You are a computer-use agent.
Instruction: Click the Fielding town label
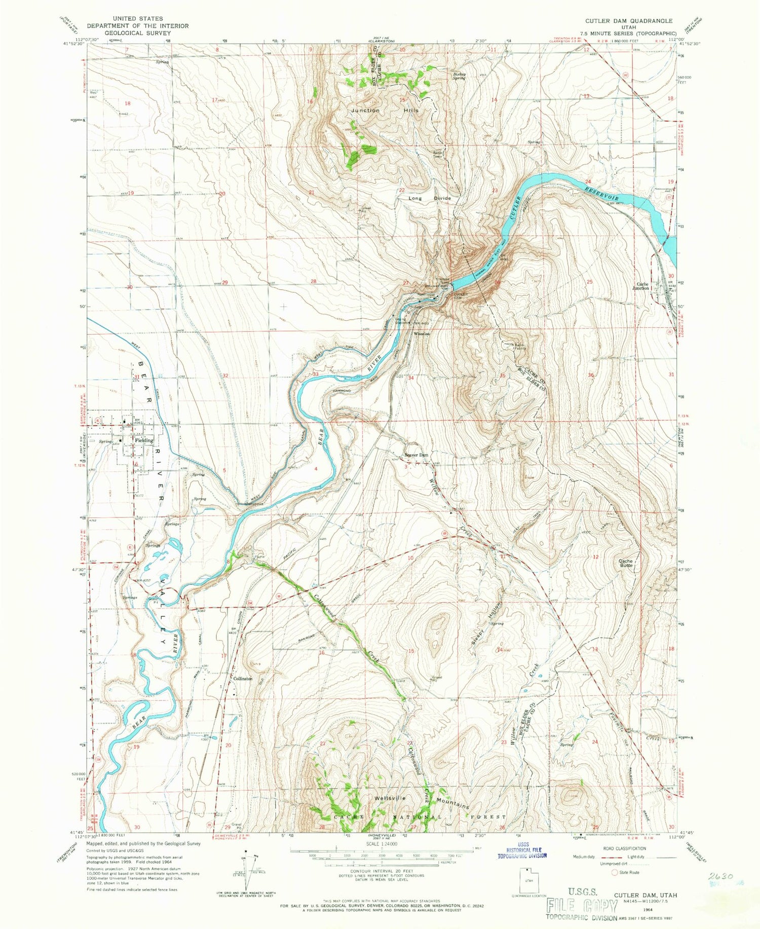(x=143, y=440)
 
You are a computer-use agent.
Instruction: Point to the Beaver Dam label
(x=416, y=455)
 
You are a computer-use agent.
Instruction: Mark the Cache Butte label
(x=626, y=563)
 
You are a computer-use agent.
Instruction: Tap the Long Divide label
(x=430, y=199)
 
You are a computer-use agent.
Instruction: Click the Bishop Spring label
(x=459, y=77)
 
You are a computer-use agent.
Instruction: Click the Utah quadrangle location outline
(x=529, y=882)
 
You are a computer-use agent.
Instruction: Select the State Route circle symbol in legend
(x=615, y=873)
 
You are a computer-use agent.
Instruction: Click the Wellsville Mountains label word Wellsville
(x=390, y=798)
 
